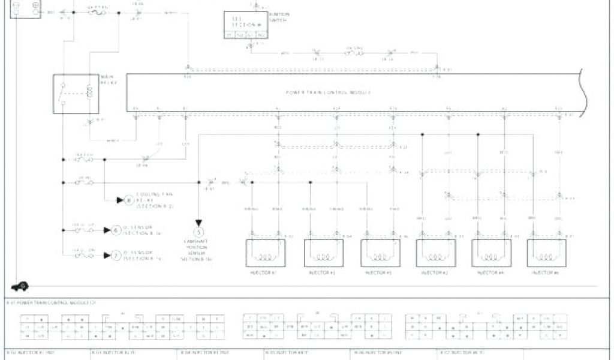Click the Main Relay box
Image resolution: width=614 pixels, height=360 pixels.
[76, 94]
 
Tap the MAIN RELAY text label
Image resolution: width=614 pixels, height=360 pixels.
[108, 80]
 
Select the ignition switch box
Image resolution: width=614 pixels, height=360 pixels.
[246, 26]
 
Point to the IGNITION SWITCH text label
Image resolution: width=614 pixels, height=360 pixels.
[279, 18]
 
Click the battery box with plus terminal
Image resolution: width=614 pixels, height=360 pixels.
[26, 8]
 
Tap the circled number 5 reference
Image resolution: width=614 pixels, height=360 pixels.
[199, 231]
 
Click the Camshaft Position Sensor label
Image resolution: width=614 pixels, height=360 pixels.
[199, 250]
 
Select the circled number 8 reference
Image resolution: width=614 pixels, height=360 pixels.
[127, 200]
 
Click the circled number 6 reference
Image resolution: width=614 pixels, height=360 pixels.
[116, 230]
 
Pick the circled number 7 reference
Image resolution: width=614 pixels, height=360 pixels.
[116, 255]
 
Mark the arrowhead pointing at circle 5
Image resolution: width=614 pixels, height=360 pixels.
[199, 222]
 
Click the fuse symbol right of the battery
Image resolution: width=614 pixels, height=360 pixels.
[97, 11]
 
